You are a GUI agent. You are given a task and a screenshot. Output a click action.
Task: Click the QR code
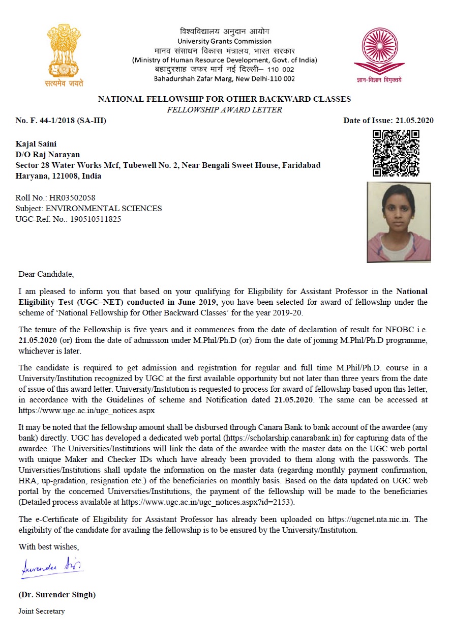396,153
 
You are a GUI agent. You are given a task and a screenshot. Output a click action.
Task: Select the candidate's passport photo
399,222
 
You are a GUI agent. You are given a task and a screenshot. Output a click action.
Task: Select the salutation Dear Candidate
46,274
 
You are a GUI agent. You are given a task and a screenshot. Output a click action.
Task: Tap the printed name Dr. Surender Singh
57,594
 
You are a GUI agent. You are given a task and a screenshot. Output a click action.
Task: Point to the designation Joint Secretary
42,611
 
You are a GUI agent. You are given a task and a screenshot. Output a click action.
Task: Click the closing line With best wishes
49,547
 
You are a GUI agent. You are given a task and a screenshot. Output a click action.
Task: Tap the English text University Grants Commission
224,41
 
